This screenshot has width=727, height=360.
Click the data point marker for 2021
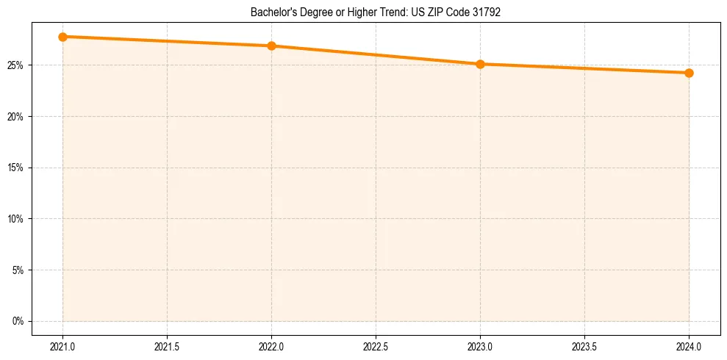(x=63, y=37)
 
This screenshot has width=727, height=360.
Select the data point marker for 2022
(x=272, y=46)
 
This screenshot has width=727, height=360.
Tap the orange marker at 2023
(x=480, y=64)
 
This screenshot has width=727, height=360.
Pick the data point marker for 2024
(x=689, y=73)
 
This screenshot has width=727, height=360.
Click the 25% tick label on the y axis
(x=17, y=65)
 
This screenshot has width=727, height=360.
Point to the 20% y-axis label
(x=17, y=117)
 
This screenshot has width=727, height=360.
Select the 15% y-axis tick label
(x=17, y=168)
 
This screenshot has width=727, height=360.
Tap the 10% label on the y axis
(x=17, y=219)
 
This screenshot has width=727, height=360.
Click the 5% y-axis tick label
(x=19, y=270)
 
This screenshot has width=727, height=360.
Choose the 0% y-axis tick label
(x=19, y=321)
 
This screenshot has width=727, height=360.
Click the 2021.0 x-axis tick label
(x=63, y=345)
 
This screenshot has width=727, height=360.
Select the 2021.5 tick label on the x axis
(x=168, y=345)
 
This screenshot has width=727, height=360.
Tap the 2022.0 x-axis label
(x=272, y=345)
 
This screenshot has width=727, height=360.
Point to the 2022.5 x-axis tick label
(x=376, y=345)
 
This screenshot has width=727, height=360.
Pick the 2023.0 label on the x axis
(x=480, y=345)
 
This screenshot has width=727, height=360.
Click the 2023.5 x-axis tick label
(x=584, y=345)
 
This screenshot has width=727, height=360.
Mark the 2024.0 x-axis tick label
(x=689, y=345)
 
